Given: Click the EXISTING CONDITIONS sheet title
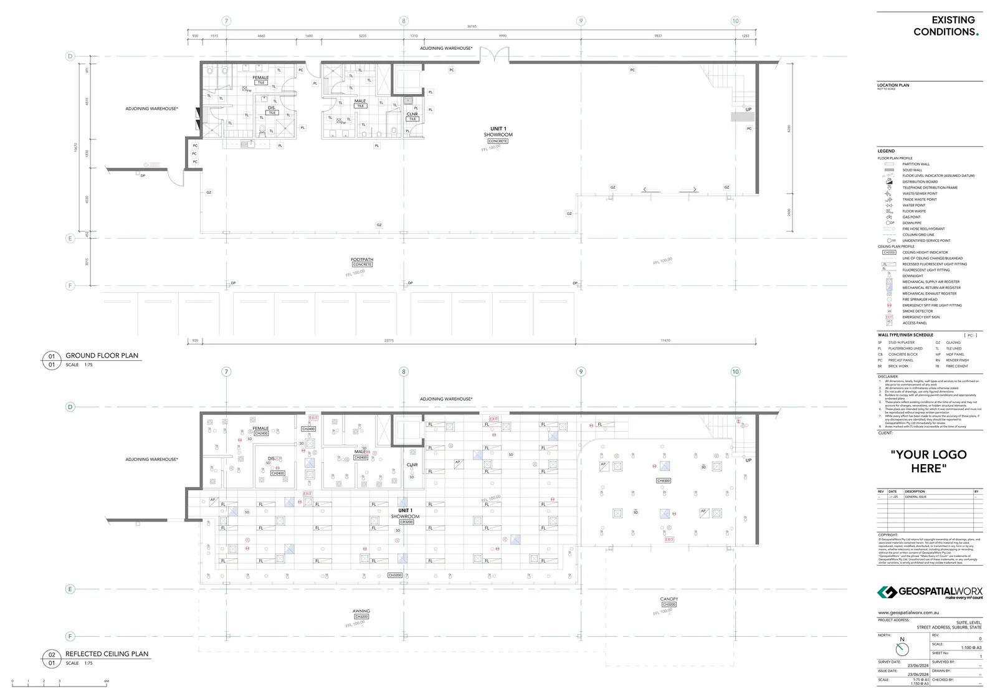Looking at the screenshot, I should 945,26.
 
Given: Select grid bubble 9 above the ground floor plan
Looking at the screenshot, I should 581,21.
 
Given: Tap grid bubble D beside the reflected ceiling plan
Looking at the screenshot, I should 70,407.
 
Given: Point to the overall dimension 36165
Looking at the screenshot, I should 472,27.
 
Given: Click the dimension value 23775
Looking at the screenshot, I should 389,341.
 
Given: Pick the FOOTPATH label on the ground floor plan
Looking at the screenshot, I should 362,260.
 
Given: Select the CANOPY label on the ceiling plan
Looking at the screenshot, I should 669,599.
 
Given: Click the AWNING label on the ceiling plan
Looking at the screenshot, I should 361,611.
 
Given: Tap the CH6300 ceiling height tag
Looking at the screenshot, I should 664,481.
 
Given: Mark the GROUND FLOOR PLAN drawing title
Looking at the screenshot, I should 102,356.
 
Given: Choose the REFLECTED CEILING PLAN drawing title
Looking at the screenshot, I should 107,654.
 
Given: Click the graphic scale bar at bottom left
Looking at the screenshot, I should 60,685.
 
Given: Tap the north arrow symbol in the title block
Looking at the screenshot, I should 902,649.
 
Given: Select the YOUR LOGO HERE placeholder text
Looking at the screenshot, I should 928,461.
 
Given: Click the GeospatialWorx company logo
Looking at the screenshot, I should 930,592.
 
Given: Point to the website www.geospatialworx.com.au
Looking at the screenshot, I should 904,613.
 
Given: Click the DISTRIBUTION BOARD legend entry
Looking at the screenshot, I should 920,182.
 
